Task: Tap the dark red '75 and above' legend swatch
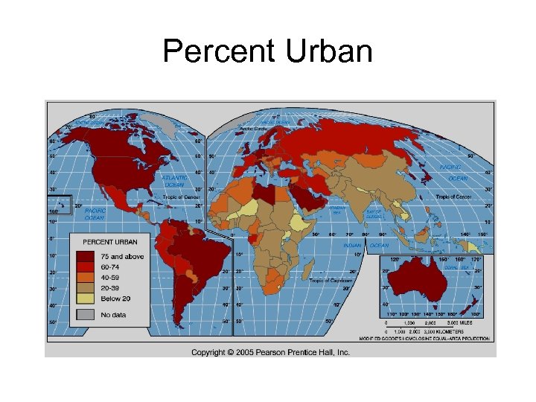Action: tap(83, 257)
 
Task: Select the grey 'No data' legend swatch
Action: tap(83, 315)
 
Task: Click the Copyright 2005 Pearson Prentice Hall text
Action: tap(270, 352)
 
